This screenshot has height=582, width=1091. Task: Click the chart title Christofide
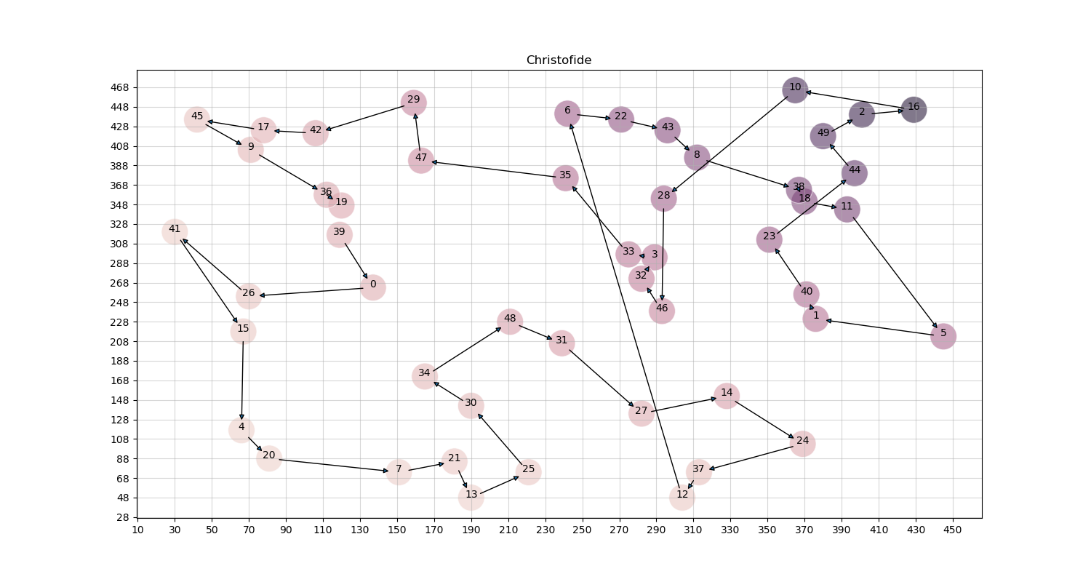559,60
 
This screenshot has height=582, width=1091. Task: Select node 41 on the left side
175,232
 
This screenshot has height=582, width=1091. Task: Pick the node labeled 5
943,336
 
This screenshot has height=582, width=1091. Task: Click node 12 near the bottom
682,497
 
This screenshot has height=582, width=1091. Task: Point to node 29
413,102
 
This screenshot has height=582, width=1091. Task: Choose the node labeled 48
510,321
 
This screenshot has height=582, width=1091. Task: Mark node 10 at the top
795,89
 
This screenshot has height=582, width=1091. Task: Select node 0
372,287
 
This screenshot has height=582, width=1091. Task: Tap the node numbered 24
802,443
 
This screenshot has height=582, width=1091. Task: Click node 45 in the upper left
196,119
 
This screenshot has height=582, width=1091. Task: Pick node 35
565,178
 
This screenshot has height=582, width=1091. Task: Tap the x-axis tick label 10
137,530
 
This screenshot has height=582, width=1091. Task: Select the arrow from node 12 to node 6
626,306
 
